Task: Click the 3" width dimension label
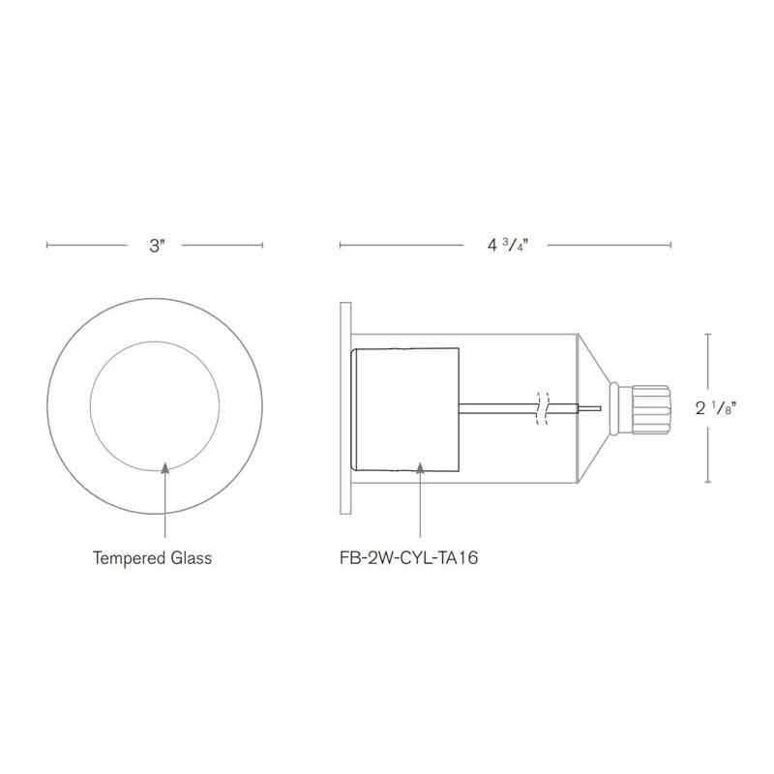(x=159, y=246)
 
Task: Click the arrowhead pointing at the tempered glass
(x=165, y=468)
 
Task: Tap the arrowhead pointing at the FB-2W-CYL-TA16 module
(x=422, y=468)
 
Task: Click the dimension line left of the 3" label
(x=87, y=246)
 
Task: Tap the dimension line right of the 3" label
(x=223, y=246)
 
